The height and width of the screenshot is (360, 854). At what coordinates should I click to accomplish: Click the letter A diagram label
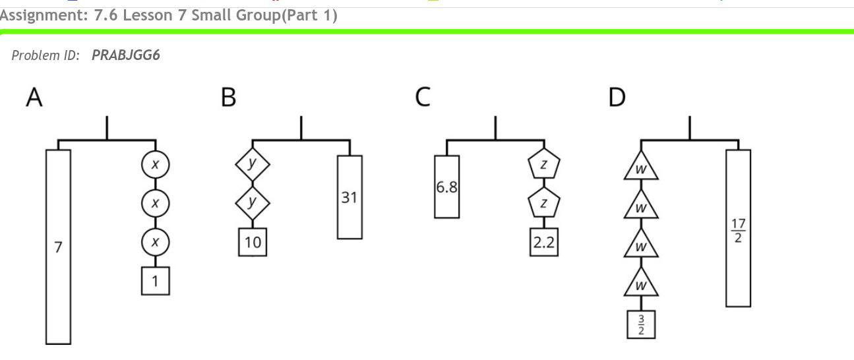click(34, 98)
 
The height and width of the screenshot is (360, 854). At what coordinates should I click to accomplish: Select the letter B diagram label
click(228, 98)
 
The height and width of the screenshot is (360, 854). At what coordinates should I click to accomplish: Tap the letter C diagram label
click(422, 98)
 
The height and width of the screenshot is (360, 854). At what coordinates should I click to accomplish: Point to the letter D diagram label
click(617, 98)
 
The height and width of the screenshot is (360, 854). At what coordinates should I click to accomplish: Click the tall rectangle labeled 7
click(58, 247)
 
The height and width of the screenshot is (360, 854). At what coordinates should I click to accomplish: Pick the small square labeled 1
click(155, 282)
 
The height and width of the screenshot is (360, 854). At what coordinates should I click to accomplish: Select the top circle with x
click(155, 165)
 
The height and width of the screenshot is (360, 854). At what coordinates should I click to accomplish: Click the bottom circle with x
click(155, 242)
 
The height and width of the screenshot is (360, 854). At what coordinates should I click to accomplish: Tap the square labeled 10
click(253, 242)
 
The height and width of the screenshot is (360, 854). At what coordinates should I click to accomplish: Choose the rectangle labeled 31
click(350, 196)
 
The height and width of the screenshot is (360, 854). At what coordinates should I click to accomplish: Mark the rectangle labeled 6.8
click(446, 187)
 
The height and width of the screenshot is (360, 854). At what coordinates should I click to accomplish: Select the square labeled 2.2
click(544, 242)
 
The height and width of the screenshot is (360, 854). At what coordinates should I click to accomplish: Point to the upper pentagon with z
click(543, 165)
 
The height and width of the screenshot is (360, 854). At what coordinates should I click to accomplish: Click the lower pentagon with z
click(543, 203)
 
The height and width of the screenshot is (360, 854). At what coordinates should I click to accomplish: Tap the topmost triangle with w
click(641, 167)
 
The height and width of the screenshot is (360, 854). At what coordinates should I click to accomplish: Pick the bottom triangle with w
click(641, 284)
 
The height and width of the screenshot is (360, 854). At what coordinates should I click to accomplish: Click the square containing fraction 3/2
click(641, 324)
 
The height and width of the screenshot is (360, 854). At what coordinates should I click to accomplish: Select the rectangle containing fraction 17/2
click(738, 228)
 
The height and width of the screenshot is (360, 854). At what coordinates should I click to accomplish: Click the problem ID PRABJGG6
click(126, 55)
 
